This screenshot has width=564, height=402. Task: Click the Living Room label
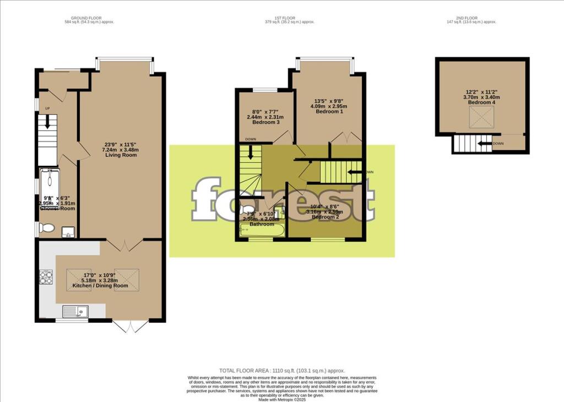pyautogui.click(x=121, y=155)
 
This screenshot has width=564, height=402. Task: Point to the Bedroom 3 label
pyautogui.click(x=263, y=122)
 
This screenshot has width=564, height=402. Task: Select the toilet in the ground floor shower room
pyautogui.click(x=46, y=229)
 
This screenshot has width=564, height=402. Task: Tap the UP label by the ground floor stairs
pyautogui.click(x=47, y=108)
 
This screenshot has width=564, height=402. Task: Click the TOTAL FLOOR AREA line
pyautogui.click(x=282, y=371)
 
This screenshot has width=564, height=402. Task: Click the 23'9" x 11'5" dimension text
pyautogui.click(x=121, y=145)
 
